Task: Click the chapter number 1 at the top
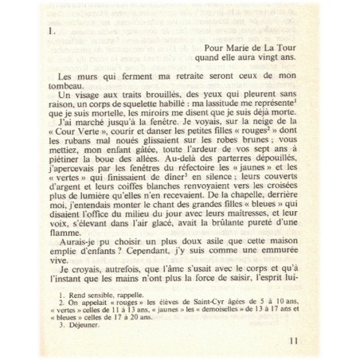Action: [x=51, y=35]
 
